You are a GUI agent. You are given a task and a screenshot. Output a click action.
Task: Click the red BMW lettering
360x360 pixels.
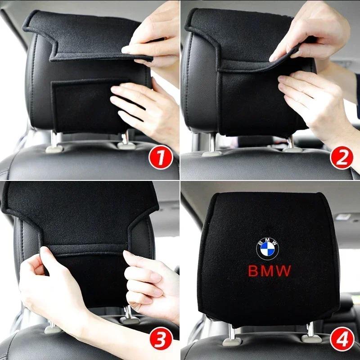click(270, 270)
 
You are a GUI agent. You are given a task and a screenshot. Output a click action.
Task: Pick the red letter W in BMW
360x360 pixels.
click(284, 270)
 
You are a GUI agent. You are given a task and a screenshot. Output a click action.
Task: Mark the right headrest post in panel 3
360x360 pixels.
click(128, 313)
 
